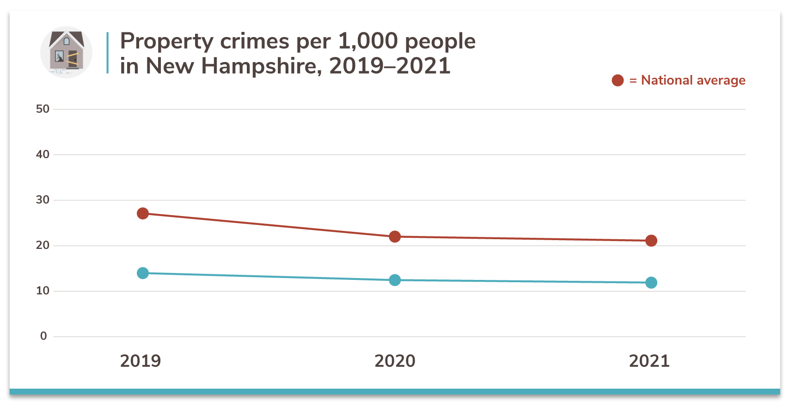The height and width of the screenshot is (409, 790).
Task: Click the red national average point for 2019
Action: point(143,213)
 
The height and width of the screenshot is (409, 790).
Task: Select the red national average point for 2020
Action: point(395,236)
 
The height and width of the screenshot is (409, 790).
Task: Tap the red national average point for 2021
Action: point(651,241)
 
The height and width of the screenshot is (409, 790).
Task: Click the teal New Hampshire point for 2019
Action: point(143,273)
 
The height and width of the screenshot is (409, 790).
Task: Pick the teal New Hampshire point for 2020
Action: point(395,280)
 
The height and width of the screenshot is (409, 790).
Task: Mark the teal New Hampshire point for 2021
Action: point(651,283)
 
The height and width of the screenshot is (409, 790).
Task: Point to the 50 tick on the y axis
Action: point(43,109)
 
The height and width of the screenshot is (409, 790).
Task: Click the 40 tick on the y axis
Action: point(43,155)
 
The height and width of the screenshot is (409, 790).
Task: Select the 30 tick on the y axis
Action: point(43,200)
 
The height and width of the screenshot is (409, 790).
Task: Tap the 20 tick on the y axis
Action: point(43,245)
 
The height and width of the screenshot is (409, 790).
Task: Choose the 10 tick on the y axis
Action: point(43,291)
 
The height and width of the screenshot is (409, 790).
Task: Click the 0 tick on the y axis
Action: point(43,336)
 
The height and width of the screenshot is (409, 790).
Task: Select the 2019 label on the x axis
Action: point(141,361)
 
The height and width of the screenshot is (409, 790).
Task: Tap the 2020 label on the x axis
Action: point(395,361)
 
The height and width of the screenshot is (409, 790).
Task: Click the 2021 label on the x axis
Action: point(649,361)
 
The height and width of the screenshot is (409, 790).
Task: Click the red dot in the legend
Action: point(618,81)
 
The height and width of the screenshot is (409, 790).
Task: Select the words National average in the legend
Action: point(693,81)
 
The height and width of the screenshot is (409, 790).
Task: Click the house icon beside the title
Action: point(66,52)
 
